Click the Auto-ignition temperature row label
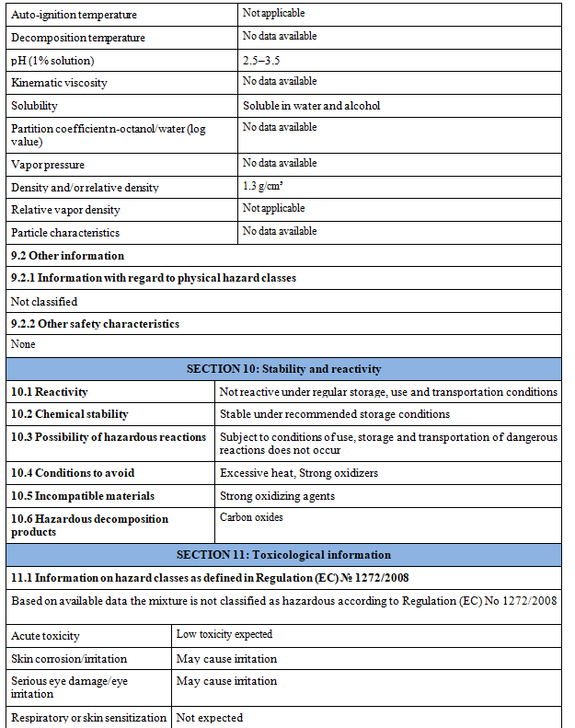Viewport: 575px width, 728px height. pyautogui.click(x=74, y=16)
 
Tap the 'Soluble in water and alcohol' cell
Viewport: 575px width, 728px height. pyautogui.click(x=311, y=106)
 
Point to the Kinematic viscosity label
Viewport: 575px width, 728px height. pyautogui.click(x=59, y=83)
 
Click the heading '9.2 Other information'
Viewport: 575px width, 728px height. pyautogui.click(x=67, y=256)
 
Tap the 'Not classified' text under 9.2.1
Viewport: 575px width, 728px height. pyautogui.click(x=44, y=301)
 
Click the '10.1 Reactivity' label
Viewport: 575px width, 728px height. pyautogui.click(x=50, y=392)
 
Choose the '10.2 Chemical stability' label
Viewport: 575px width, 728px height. pyautogui.click(x=70, y=414)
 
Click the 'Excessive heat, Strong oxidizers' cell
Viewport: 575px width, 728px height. pyautogui.click(x=299, y=473)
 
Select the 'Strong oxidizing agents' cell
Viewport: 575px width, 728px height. pyautogui.click(x=277, y=496)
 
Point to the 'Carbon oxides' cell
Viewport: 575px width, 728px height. pyautogui.click(x=251, y=517)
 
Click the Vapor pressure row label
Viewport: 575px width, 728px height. pyautogui.click(x=48, y=165)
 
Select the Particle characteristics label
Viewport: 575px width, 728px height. pyautogui.click(x=65, y=233)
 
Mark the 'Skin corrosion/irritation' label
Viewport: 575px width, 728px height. pyautogui.click(x=69, y=659)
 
